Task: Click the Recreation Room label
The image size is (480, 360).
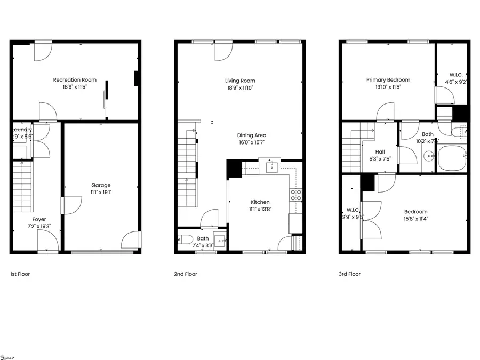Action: point(75,80)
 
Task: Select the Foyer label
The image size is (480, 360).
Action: point(39,219)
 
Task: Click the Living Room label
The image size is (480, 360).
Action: point(239,81)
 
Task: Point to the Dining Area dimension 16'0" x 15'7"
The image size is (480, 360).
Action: point(252,142)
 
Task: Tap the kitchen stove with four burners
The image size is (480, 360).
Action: point(296,195)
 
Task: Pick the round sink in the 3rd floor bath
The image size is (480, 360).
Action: point(429,157)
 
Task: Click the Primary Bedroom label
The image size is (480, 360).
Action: point(388,80)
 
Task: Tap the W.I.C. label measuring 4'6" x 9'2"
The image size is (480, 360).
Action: point(456,75)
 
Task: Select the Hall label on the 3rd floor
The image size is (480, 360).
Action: point(380,151)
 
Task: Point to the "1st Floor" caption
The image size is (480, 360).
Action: point(20,274)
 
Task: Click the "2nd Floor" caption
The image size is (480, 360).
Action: point(186,274)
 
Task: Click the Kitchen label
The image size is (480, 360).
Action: point(260,202)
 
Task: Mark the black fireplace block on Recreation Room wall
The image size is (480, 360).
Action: point(136,78)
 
